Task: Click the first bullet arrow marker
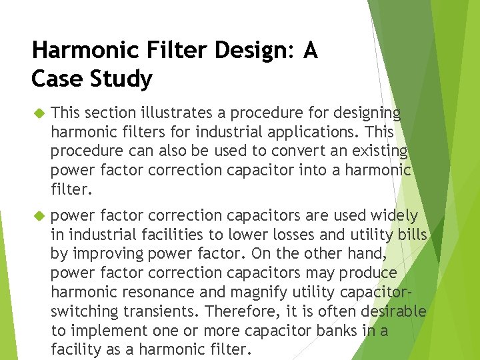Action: coord(37,113)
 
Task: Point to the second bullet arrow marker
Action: coord(37,216)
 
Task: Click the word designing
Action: coord(366,113)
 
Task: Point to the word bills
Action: coord(411,235)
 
